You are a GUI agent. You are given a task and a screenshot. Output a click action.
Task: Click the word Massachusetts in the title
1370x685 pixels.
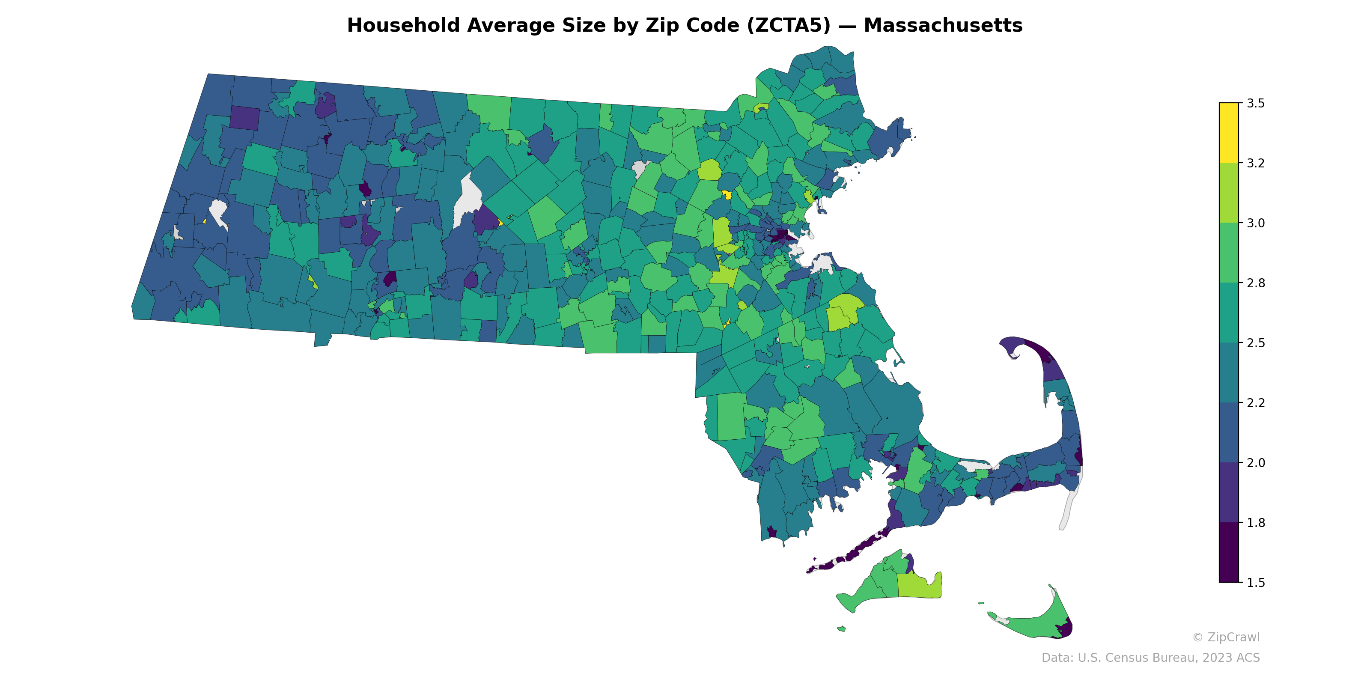coord(942,26)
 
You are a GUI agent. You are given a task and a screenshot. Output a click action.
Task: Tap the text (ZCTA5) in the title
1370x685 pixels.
coord(789,26)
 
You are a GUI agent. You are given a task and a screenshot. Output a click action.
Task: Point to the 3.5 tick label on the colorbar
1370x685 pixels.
coord(1256,103)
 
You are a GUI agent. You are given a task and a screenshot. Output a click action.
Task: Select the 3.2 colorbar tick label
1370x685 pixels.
coord(1256,163)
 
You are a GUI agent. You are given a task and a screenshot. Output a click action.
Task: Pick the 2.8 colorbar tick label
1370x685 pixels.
coord(1256,283)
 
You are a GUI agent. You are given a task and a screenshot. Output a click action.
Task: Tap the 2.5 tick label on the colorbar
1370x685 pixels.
coord(1256,343)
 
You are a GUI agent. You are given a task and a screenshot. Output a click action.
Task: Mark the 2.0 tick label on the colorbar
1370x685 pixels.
coord(1256,463)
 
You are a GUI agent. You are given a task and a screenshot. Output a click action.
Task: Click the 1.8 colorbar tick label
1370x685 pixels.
coord(1256,523)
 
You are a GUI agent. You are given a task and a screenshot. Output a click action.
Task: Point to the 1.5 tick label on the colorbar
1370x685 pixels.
coord(1256,583)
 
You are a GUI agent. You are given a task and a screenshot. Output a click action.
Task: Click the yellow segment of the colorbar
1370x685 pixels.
coord(1229,133)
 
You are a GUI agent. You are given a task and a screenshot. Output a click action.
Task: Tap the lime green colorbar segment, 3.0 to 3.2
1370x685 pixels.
coord(1229,193)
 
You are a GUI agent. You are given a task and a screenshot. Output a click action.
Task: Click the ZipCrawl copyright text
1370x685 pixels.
coord(1226,637)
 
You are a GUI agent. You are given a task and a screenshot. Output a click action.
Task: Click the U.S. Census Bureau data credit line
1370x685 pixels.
coord(1150,658)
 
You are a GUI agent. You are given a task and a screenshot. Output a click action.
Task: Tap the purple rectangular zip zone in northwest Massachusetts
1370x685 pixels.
coord(244,118)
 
